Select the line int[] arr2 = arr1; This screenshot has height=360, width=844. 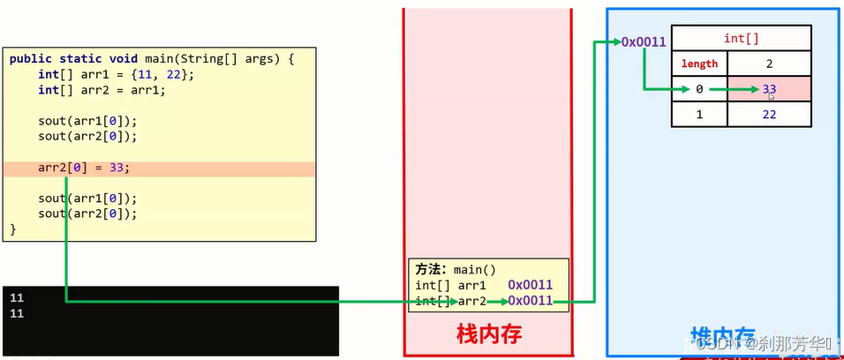(102, 90)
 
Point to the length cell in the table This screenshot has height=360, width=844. (699, 64)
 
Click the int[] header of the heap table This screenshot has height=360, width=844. (741, 39)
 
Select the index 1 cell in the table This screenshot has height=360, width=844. (699, 115)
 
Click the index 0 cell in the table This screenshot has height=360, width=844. (699, 88)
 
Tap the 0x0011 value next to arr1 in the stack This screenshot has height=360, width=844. (530, 285)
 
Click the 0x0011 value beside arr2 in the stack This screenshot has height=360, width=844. (530, 301)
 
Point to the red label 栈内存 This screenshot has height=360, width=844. (488, 334)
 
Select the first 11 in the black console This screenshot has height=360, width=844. (17, 298)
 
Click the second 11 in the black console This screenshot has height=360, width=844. (17, 313)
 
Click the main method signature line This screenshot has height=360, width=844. (150, 59)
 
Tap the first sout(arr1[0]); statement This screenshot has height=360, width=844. (88, 121)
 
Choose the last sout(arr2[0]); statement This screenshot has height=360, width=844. (88, 214)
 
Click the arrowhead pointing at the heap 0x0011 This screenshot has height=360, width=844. (615, 41)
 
